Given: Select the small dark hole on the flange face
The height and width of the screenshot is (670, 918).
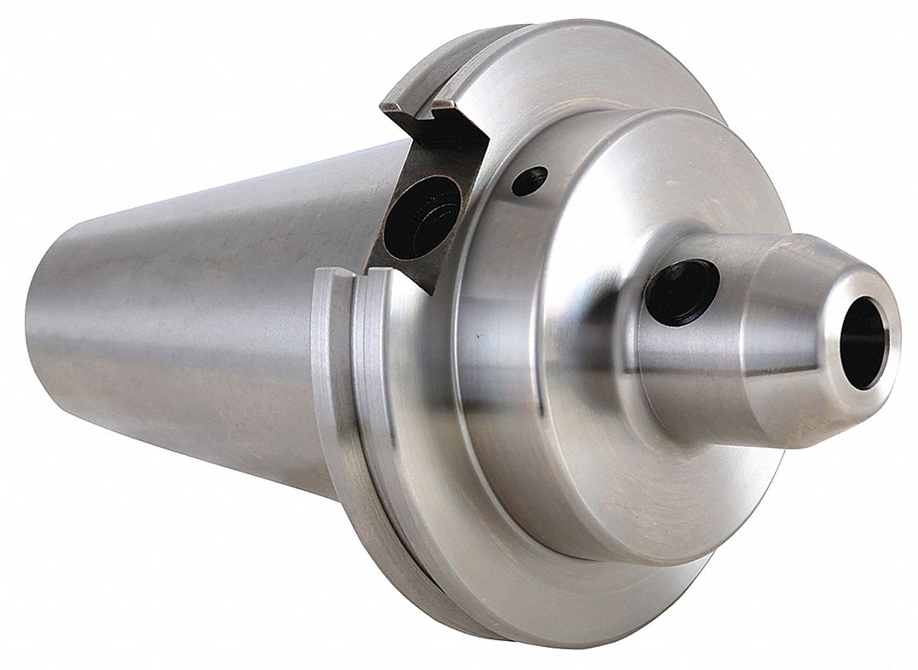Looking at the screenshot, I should click(529, 180).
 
